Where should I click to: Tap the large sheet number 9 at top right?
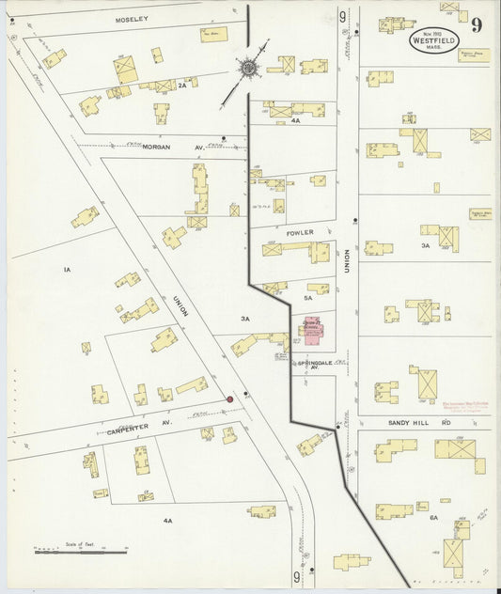[x=477, y=25]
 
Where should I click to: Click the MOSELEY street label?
[x=132, y=19]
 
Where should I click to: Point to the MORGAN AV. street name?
[x=161, y=148]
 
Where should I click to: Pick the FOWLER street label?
[x=300, y=231]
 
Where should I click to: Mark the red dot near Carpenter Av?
[x=228, y=400]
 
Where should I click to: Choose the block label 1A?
[x=67, y=271]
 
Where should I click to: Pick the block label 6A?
[x=433, y=518]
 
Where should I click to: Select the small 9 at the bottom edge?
[x=297, y=576]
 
